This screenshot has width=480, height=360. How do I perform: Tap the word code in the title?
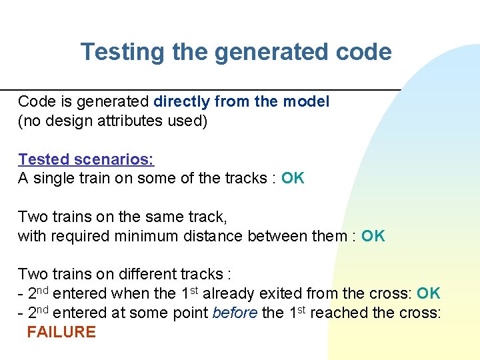click(x=364, y=52)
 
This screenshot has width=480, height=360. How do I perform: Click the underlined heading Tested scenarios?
click(x=85, y=159)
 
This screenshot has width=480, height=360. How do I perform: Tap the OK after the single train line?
click(x=293, y=178)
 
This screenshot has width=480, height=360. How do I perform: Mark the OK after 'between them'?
click(x=373, y=236)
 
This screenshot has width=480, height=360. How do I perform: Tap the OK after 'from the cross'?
click(x=429, y=293)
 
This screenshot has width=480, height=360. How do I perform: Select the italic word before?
click(x=235, y=313)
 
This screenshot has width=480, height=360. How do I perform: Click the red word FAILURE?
click(x=61, y=332)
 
